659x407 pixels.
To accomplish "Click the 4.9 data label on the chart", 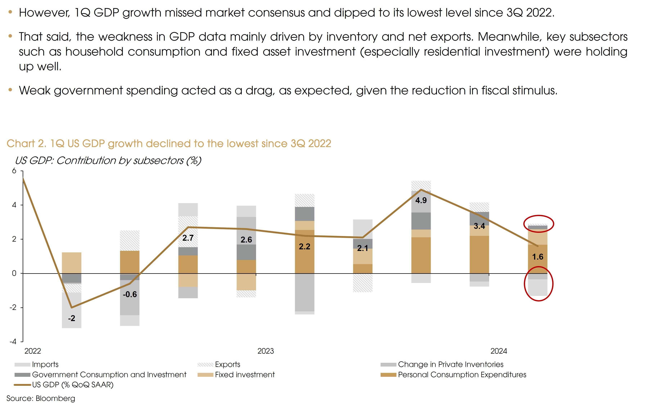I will pos(421,200).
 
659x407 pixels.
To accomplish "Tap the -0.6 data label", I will pos(130,294).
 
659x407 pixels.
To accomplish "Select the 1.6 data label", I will pos(538,257).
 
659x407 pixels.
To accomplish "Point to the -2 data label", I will pos(71,318).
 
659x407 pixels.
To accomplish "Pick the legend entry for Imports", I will pos(45,364).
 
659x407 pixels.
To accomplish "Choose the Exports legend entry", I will pos(227,364).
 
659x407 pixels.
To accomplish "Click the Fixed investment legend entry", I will pos(245,374).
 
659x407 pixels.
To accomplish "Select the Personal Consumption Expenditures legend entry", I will pos(462,374).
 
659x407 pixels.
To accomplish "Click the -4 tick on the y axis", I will pos(13,342).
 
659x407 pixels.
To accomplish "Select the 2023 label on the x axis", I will pos(265,351).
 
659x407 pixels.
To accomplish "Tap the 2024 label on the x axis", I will pos(498,351).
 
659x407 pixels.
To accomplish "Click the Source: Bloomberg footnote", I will pos(41,398).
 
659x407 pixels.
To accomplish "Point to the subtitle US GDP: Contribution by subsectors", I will pos(108,160).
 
